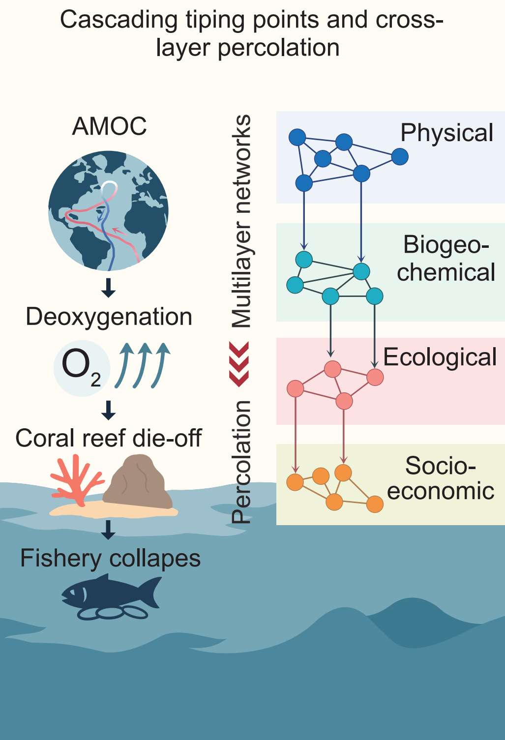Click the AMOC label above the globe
tap(109, 126)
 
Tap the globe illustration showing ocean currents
tap(108, 211)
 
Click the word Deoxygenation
tap(109, 317)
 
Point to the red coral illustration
tap(76, 479)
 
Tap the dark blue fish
tap(111, 593)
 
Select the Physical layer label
tap(446, 133)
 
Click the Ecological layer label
tap(440, 357)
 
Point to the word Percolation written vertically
tap(241, 461)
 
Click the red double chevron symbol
tap(239, 364)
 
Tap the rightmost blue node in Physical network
tap(400, 157)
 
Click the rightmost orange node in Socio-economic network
tap(375, 504)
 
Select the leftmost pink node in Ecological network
tap(295, 388)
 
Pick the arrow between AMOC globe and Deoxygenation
tap(108, 288)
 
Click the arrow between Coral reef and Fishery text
tap(108, 529)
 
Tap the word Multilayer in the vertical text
tap(241, 280)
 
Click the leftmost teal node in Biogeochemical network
tap(295, 285)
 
